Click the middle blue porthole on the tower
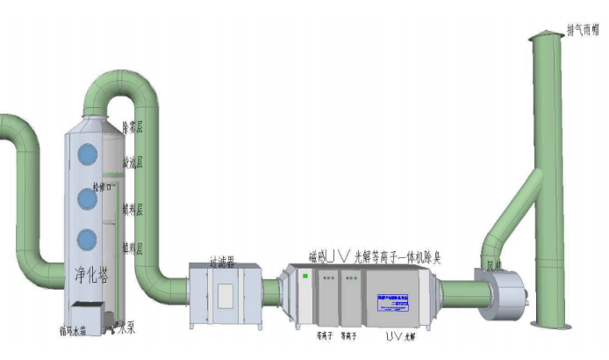point(87,198)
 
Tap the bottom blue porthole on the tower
point(87,240)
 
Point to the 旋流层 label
point(133,162)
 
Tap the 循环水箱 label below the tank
point(74,332)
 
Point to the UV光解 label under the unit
point(399,335)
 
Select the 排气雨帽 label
point(583,30)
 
